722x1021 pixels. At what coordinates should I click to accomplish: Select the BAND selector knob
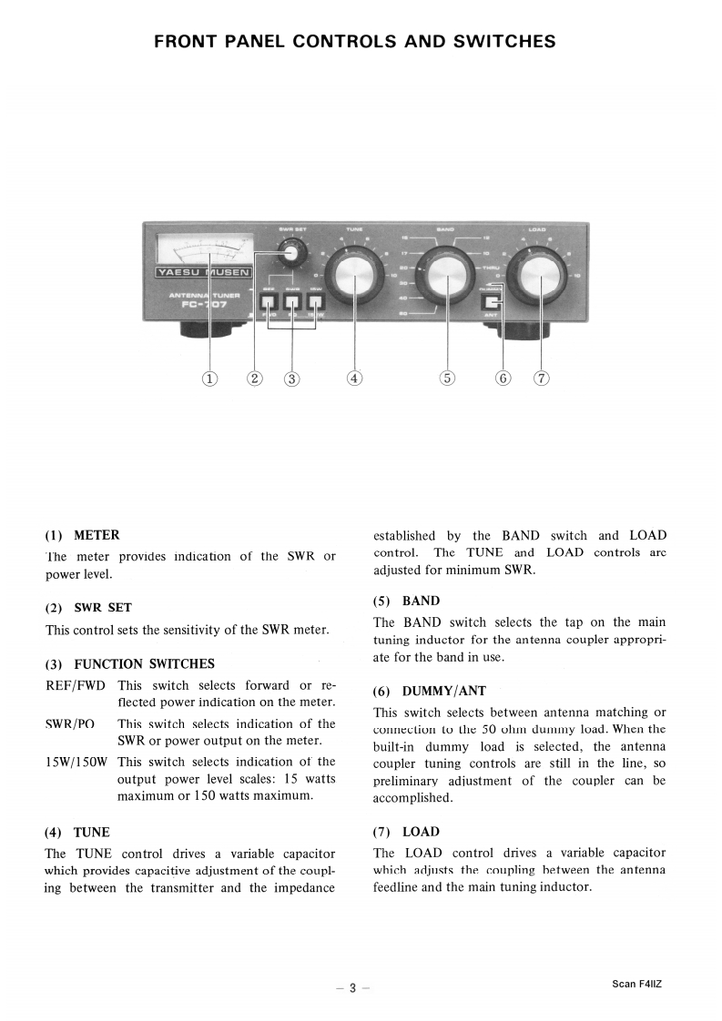(x=446, y=269)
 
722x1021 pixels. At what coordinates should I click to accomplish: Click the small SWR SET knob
(x=290, y=253)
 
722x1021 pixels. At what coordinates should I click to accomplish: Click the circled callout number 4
(x=354, y=379)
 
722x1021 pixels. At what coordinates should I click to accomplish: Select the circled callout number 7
(x=542, y=379)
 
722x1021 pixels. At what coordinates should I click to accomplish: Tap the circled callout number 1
(x=210, y=379)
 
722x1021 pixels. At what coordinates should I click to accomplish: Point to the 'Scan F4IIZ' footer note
(x=637, y=984)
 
